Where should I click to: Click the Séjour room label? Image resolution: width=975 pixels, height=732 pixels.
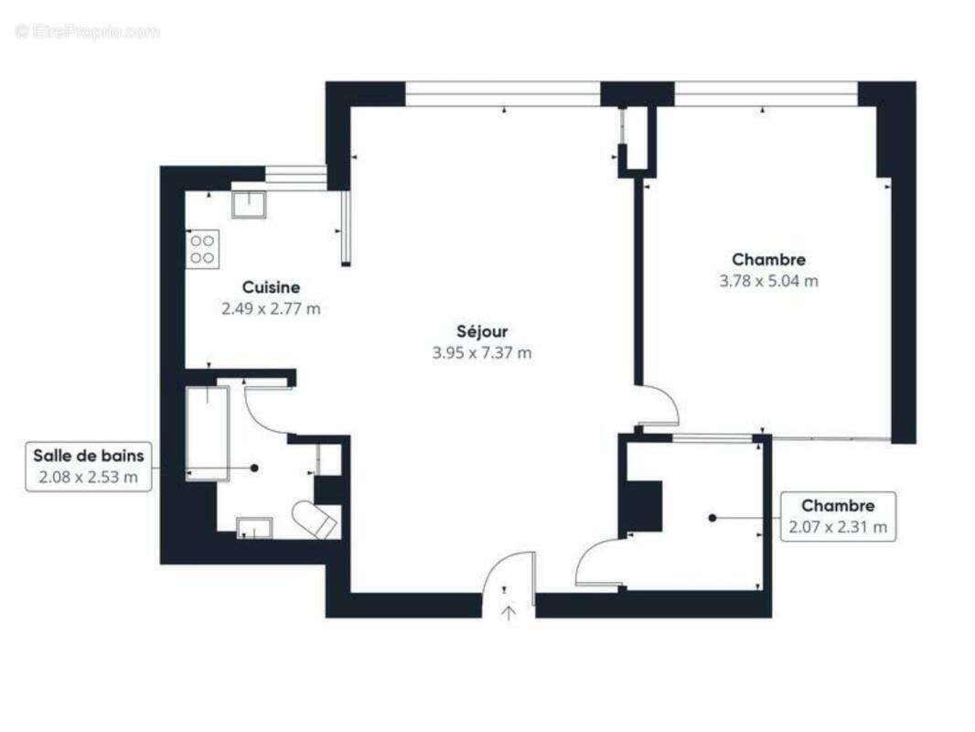click(x=482, y=331)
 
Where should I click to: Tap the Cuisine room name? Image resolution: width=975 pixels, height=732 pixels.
click(x=271, y=287)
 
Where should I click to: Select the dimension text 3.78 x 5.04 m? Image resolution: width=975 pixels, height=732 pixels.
click(x=768, y=281)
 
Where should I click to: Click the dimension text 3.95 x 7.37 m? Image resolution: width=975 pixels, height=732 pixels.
click(x=482, y=353)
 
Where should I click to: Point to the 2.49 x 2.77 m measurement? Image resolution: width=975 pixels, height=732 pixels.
click(x=271, y=309)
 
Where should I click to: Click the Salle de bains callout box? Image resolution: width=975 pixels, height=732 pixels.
click(x=89, y=466)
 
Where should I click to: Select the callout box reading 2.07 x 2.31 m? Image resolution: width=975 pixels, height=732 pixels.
click(x=837, y=516)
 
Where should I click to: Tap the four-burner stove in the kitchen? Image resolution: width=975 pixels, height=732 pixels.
click(x=202, y=249)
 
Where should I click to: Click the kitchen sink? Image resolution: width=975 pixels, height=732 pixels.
click(x=249, y=203)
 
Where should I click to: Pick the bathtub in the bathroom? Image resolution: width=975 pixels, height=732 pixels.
click(x=207, y=432)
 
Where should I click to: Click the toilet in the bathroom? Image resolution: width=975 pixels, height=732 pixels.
click(x=316, y=520)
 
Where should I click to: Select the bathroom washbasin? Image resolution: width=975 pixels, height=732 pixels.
click(x=254, y=527)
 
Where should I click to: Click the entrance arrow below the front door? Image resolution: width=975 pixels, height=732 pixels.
click(x=509, y=611)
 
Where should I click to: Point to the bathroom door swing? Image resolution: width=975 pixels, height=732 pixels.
click(x=267, y=411)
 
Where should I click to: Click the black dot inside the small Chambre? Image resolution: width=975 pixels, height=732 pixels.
click(x=712, y=518)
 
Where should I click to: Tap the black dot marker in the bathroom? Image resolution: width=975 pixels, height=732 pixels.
click(x=254, y=468)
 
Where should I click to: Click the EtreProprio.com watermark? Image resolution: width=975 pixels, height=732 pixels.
click(x=87, y=31)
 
